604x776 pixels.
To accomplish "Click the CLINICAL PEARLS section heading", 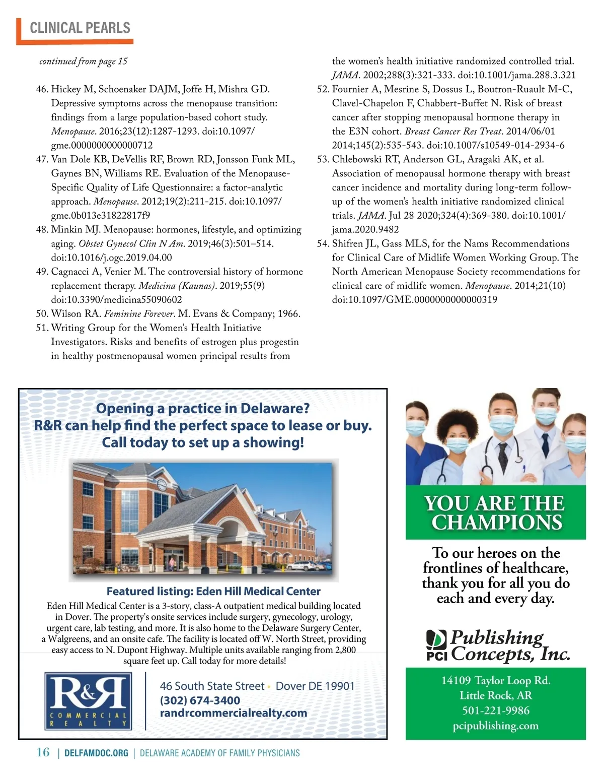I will (x=80, y=28).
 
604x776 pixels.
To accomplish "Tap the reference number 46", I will (x=42, y=89).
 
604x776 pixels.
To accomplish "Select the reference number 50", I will (x=42, y=313).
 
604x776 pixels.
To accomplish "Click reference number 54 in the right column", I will (x=323, y=243).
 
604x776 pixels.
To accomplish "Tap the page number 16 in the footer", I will (x=43, y=752).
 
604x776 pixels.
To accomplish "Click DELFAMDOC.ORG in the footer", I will (x=97, y=753).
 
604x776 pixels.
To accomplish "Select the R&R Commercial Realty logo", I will (x=88, y=701).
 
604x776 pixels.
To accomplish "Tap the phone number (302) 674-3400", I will (x=200, y=700).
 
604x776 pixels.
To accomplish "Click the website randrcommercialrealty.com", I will (x=234, y=713).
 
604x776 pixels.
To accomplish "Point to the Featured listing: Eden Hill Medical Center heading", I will (x=213, y=591).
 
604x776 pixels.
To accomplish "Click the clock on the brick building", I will (x=162, y=485).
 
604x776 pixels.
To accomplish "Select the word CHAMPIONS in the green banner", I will (x=496, y=522).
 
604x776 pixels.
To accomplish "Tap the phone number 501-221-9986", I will (x=496, y=710).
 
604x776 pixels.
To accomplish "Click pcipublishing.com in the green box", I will (x=496, y=726).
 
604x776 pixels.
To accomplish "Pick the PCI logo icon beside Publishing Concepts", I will (x=436, y=644).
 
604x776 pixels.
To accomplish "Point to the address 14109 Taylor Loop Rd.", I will (x=496, y=680).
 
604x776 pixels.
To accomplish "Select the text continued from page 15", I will (x=84, y=61).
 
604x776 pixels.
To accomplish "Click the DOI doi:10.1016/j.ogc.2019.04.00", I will (x=111, y=257).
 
